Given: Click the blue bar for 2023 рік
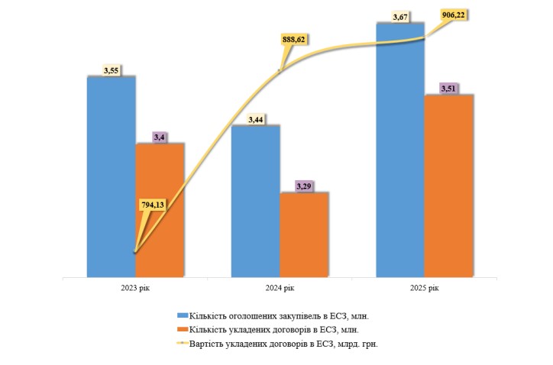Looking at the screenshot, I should coord(111,176).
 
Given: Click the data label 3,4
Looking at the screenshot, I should coord(160,137).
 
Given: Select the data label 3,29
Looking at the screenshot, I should coord(304,186).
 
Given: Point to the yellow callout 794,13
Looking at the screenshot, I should coord(154,205).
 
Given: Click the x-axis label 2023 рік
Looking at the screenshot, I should coord(134,287).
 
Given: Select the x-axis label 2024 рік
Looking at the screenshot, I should coord(279,287).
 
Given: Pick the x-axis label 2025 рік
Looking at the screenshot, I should coord(423,287).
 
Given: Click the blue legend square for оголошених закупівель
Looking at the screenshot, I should coord(181,315).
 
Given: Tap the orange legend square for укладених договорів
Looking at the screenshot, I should coord(181,329).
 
